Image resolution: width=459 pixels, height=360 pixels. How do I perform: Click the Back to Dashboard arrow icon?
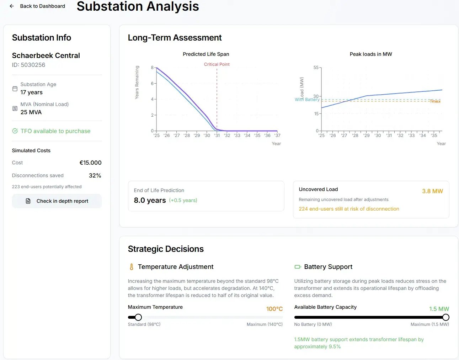click(12, 6)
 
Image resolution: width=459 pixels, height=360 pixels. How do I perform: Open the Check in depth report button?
click(57, 201)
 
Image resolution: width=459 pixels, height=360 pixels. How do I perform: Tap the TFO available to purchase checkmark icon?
click(15, 131)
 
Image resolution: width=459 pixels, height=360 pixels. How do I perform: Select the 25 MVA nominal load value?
click(31, 112)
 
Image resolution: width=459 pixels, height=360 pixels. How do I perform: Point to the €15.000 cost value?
click(90, 163)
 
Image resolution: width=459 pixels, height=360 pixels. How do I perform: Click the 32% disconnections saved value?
click(95, 175)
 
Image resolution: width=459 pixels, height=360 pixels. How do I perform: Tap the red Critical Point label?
click(217, 64)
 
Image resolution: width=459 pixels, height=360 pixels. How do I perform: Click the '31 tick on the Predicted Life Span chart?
click(217, 136)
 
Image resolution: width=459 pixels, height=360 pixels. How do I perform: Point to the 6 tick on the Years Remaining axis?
click(152, 83)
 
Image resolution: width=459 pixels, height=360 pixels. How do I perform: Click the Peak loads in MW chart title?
click(371, 54)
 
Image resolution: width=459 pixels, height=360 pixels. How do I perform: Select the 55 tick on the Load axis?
click(316, 68)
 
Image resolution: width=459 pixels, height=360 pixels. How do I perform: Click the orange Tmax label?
click(435, 101)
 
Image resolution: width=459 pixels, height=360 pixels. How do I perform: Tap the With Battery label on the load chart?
click(307, 100)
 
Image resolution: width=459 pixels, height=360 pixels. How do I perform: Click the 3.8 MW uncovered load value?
click(432, 191)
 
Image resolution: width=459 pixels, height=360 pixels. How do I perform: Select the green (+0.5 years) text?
click(183, 200)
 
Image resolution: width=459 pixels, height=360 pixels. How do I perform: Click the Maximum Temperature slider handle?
click(138, 317)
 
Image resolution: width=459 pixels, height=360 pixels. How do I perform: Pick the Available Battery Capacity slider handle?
click(446, 317)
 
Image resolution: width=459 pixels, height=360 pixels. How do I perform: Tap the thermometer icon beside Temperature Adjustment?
click(132, 267)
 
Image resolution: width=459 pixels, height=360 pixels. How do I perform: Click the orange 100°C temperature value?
click(274, 309)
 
